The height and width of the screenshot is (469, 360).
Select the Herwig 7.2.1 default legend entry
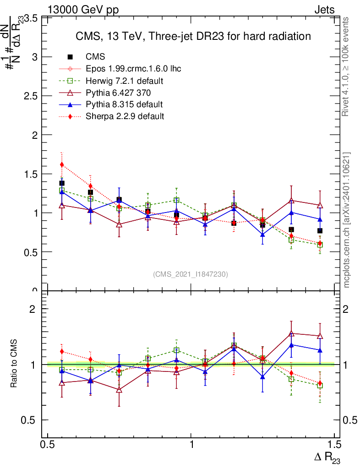[125, 81]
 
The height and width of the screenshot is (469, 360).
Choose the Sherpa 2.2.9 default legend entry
[125, 116]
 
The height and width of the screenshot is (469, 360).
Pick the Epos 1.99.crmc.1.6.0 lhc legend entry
[133, 69]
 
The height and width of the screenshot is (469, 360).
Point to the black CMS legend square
[71, 57]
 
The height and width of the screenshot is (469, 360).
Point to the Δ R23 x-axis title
[327, 457]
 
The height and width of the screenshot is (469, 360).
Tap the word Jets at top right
[324, 10]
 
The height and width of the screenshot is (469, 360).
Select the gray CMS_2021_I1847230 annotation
[190, 274]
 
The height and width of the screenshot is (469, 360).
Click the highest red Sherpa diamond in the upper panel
[62, 164]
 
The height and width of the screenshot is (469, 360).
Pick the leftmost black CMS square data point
[62, 183]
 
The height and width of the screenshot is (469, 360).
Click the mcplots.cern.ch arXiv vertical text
[347, 220]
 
